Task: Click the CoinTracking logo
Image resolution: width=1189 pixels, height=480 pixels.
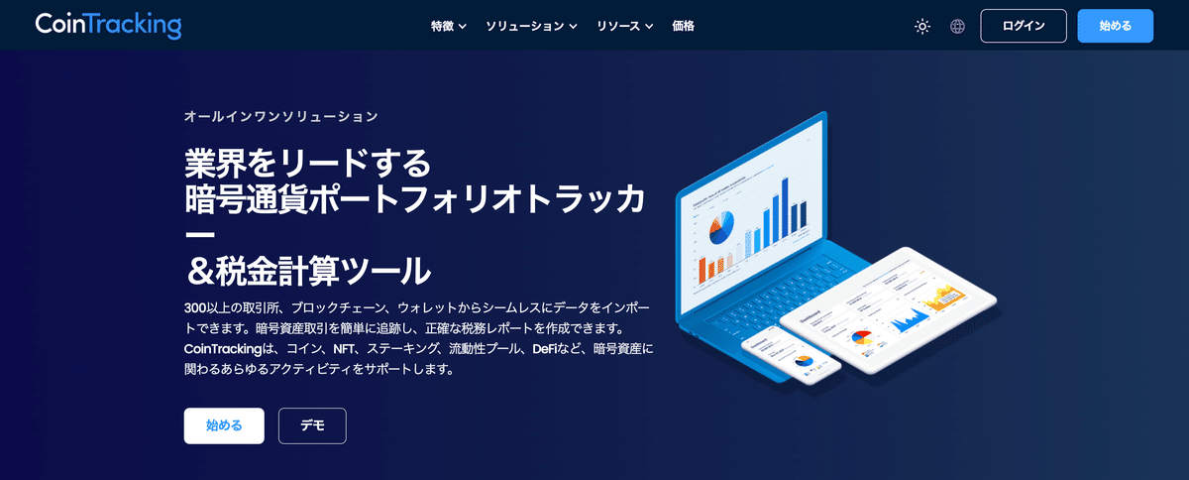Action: click(x=108, y=26)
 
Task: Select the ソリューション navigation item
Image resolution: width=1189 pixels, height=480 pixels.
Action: click(x=531, y=26)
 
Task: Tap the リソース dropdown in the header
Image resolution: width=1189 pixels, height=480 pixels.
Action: click(x=624, y=26)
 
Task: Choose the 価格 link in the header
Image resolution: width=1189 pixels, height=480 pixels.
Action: click(x=683, y=26)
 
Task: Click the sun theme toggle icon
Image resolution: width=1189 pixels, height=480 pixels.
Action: click(x=922, y=27)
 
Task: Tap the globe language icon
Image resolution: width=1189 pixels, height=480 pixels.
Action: click(x=957, y=27)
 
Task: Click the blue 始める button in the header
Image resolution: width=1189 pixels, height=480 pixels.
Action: click(x=1115, y=26)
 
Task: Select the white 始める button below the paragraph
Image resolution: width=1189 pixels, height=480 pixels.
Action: click(x=224, y=425)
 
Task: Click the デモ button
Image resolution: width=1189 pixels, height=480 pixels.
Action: click(x=312, y=425)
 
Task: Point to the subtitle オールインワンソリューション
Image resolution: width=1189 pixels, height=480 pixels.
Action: click(x=281, y=117)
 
